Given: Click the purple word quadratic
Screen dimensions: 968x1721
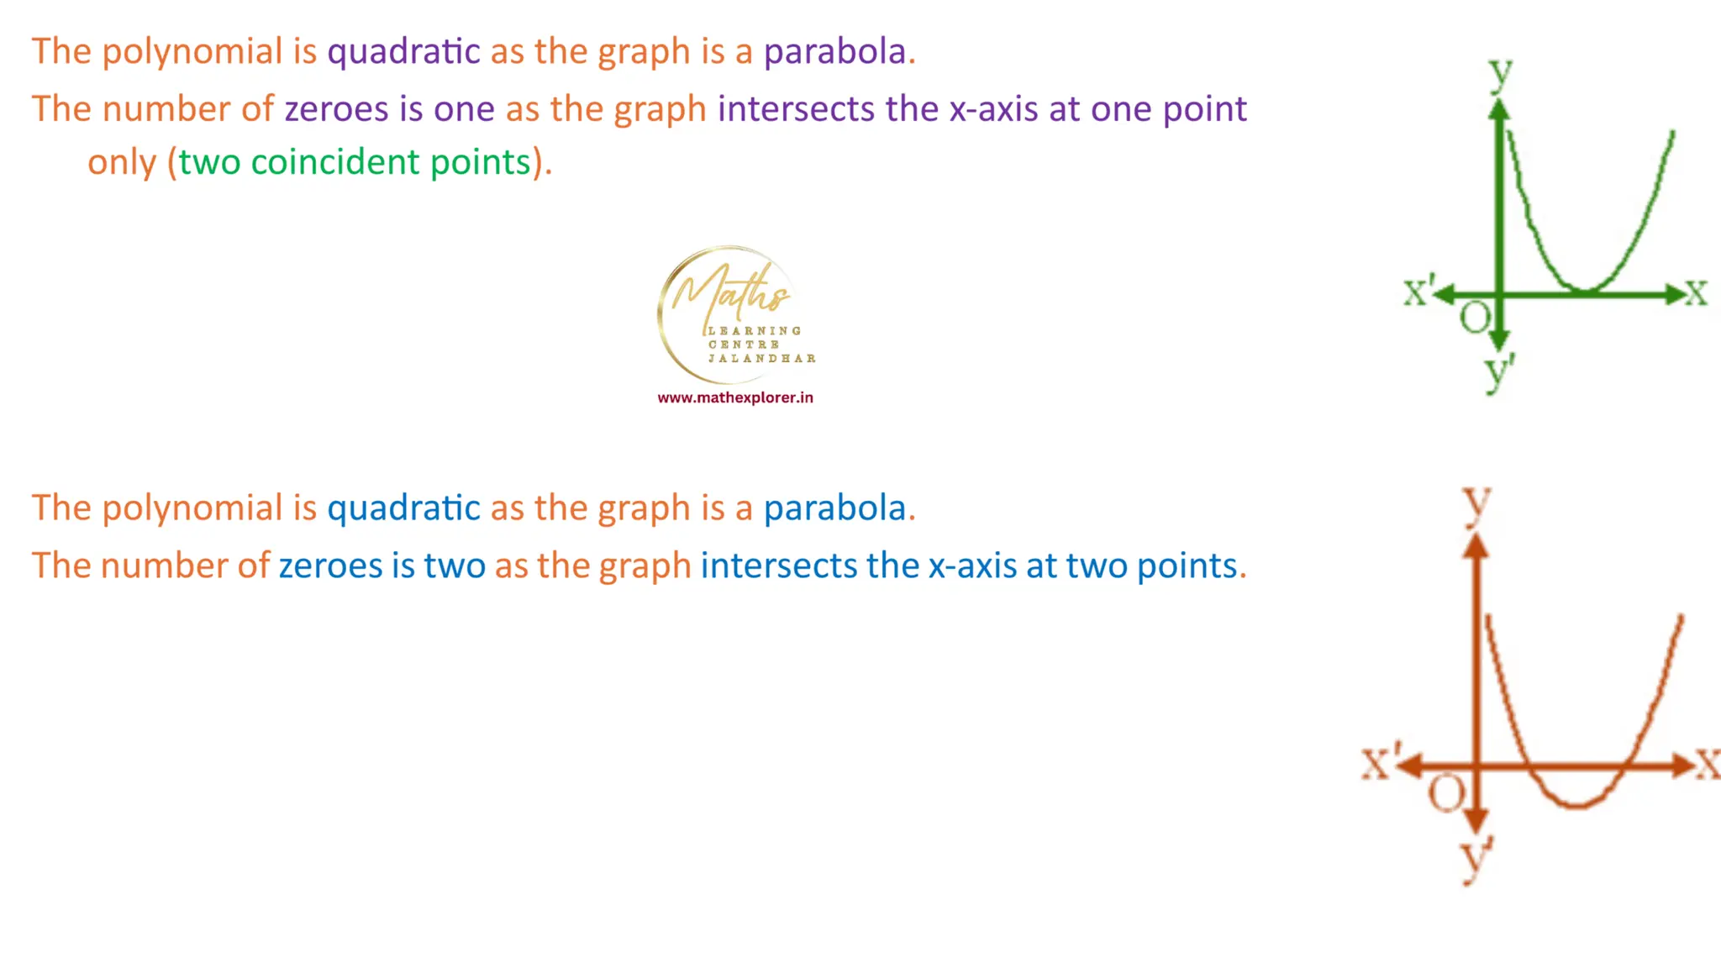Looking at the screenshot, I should pos(403,52).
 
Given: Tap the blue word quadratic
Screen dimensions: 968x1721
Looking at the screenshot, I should pos(403,508).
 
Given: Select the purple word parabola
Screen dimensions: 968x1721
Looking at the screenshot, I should pos(834,52).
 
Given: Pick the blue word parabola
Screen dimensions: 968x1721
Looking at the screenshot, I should pos(834,508).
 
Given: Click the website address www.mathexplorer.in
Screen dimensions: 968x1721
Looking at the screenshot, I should pos(735,397).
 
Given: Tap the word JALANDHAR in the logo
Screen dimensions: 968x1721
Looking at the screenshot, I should pos(761,358).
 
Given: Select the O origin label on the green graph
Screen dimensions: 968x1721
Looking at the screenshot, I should pos(1475,318).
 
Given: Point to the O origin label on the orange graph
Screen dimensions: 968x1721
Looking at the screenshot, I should pos(1446,792).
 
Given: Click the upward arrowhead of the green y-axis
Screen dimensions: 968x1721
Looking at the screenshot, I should pos(1499,108).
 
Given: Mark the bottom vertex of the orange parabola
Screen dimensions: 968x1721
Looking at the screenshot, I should pos(1576,806).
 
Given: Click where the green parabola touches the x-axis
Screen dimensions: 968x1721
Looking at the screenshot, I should pos(1585,292).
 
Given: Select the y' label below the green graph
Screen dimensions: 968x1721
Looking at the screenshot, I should pos(1498,371).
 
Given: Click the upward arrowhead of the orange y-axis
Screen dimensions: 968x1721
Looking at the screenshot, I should pos(1476,546).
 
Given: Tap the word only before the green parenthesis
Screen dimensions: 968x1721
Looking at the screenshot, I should pos(122,162).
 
